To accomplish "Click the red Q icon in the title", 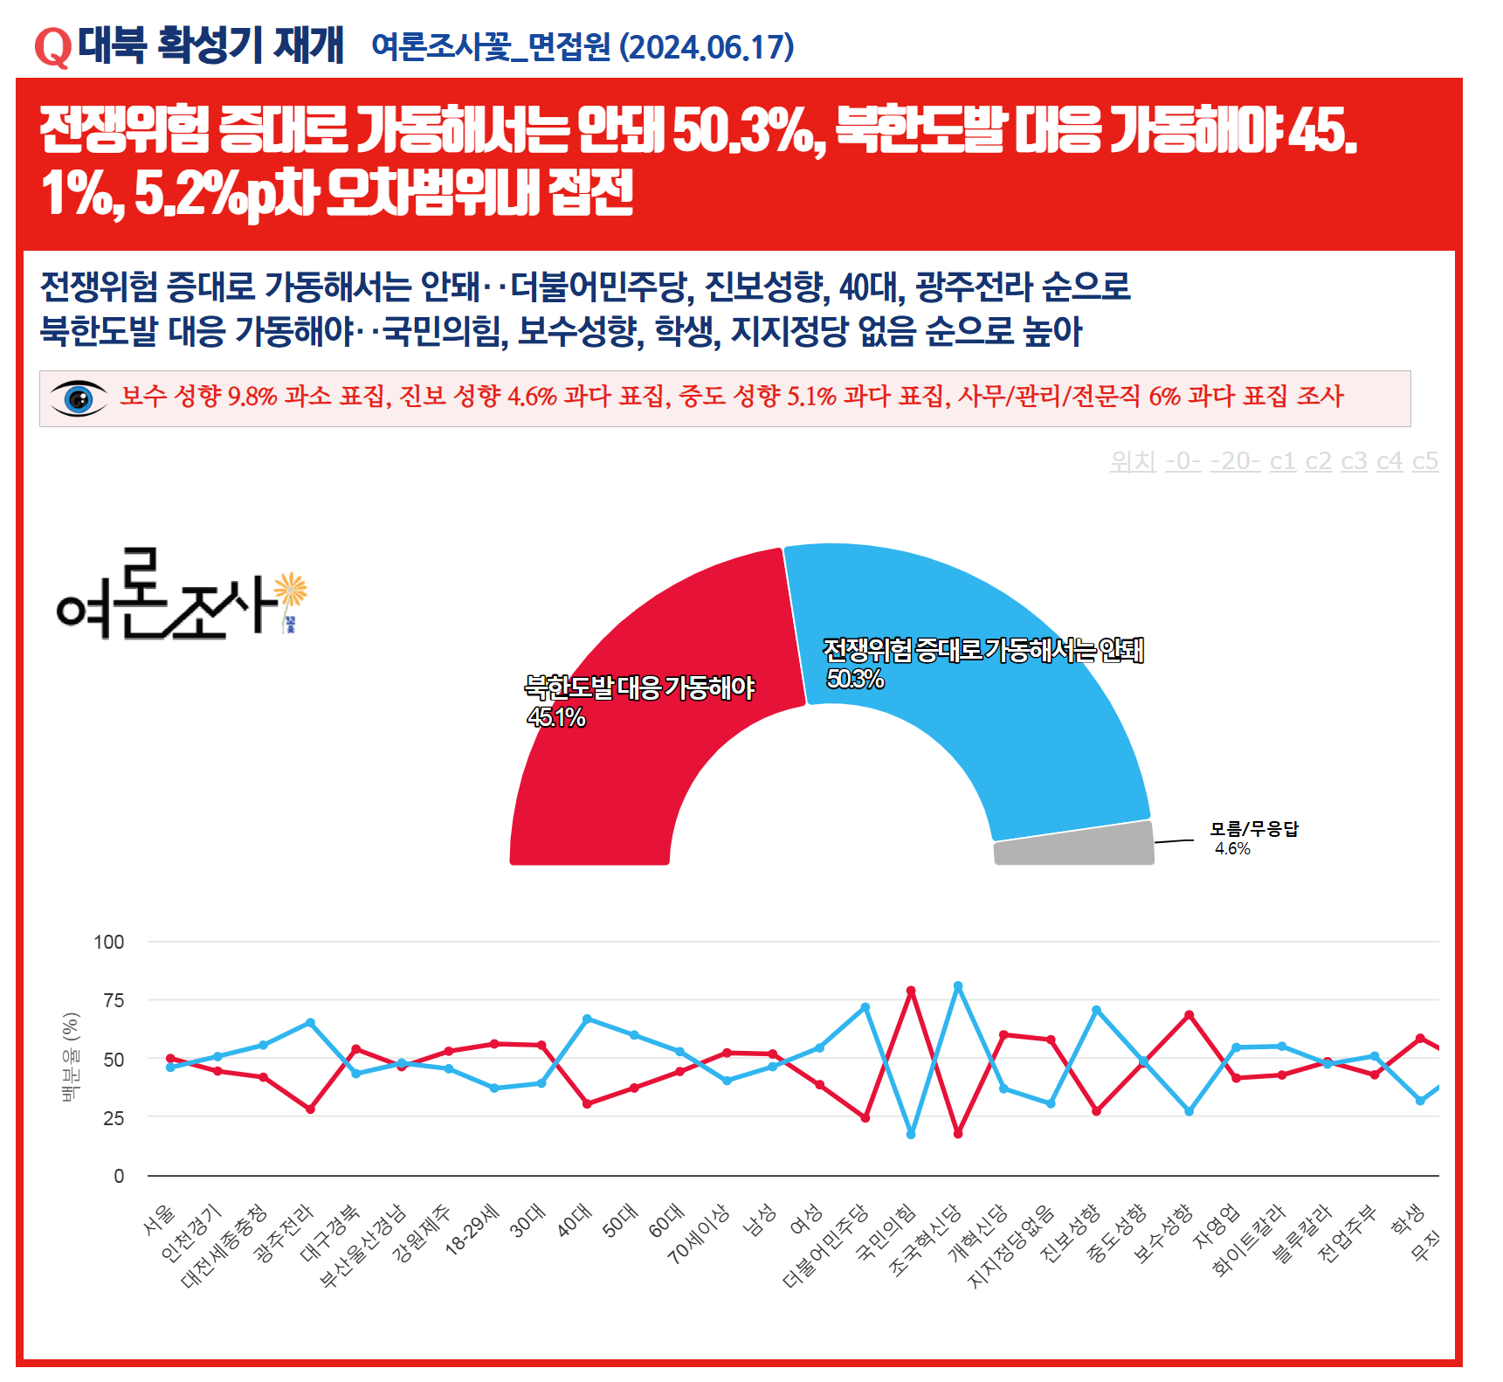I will pyautogui.click(x=52, y=47).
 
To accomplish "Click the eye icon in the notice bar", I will pyautogui.click(x=79, y=399).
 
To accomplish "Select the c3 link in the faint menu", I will pyautogui.click(x=1354, y=461).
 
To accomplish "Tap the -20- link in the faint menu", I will pyautogui.click(x=1235, y=461).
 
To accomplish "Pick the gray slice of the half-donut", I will pyautogui.click(x=1074, y=845).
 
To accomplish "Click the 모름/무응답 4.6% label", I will pyautogui.click(x=1253, y=838).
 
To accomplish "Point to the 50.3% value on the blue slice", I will pyautogui.click(x=855, y=679).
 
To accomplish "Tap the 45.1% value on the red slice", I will pyautogui.click(x=556, y=717).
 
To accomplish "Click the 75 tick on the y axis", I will pyautogui.click(x=114, y=1001).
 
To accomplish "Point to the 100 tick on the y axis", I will pyautogui.click(x=109, y=943).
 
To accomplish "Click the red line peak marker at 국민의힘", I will pyautogui.click(x=911, y=991).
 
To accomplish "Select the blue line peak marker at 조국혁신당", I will pyautogui.click(x=958, y=986).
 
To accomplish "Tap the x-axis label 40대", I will pyautogui.click(x=576, y=1220).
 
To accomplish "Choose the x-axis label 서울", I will pyautogui.click(x=160, y=1220).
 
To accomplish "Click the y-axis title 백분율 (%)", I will pyautogui.click(x=71, y=1057).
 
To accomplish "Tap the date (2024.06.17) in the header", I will pyautogui.click(x=707, y=47).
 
